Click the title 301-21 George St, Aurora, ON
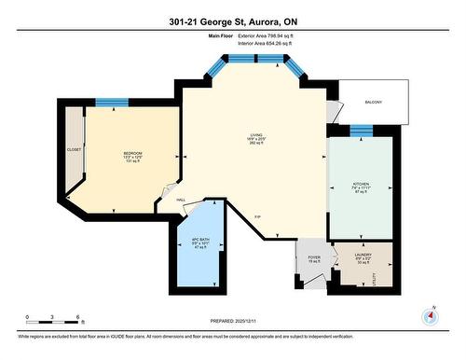[232, 22]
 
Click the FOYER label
[314, 256]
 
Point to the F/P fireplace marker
[257, 217]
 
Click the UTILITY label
[376, 276]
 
